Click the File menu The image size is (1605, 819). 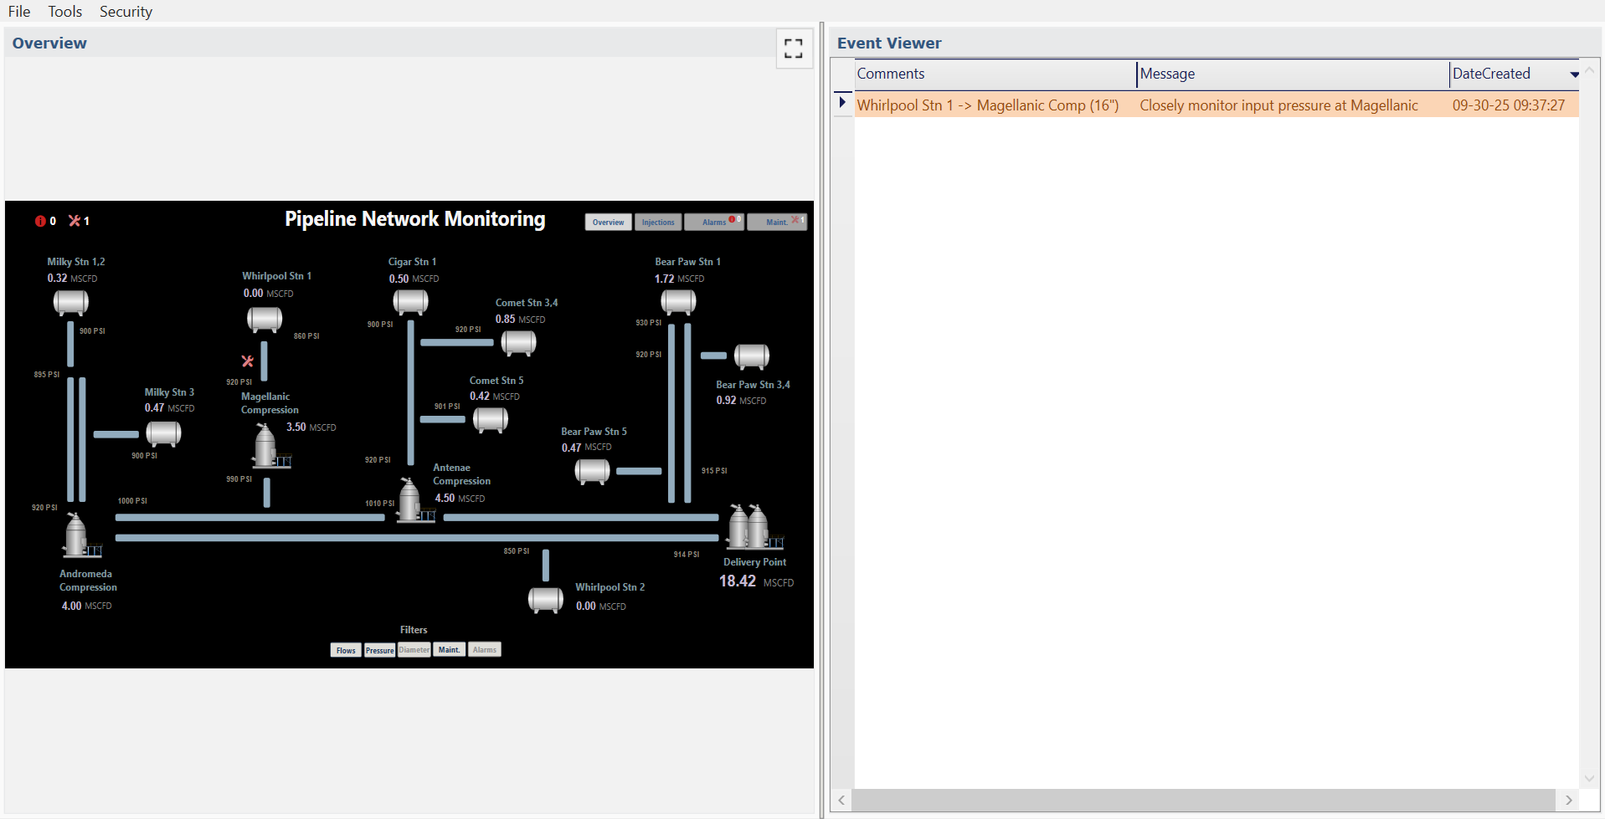[x=19, y=12]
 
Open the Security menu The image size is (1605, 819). [x=126, y=12]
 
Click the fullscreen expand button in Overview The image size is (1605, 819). [x=793, y=49]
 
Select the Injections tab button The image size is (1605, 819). [x=658, y=223]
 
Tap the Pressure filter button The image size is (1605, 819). [x=379, y=650]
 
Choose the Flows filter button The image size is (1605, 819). [x=346, y=650]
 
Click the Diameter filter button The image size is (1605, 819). [x=414, y=650]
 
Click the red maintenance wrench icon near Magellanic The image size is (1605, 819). [x=247, y=361]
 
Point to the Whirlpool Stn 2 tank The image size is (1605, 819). [x=546, y=599]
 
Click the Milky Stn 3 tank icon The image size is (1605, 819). [x=163, y=433]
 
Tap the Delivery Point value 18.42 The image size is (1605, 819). [x=738, y=581]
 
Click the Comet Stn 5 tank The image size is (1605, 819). [x=491, y=419]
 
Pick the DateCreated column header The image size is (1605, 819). [x=1491, y=74]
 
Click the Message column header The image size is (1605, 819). [x=1167, y=74]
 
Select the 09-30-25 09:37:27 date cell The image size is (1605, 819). [x=1508, y=105]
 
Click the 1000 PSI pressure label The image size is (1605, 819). [x=132, y=501]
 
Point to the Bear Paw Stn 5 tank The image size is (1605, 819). [x=592, y=471]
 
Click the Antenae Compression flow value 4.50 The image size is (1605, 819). [x=445, y=499]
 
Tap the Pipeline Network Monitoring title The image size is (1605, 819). [x=414, y=219]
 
